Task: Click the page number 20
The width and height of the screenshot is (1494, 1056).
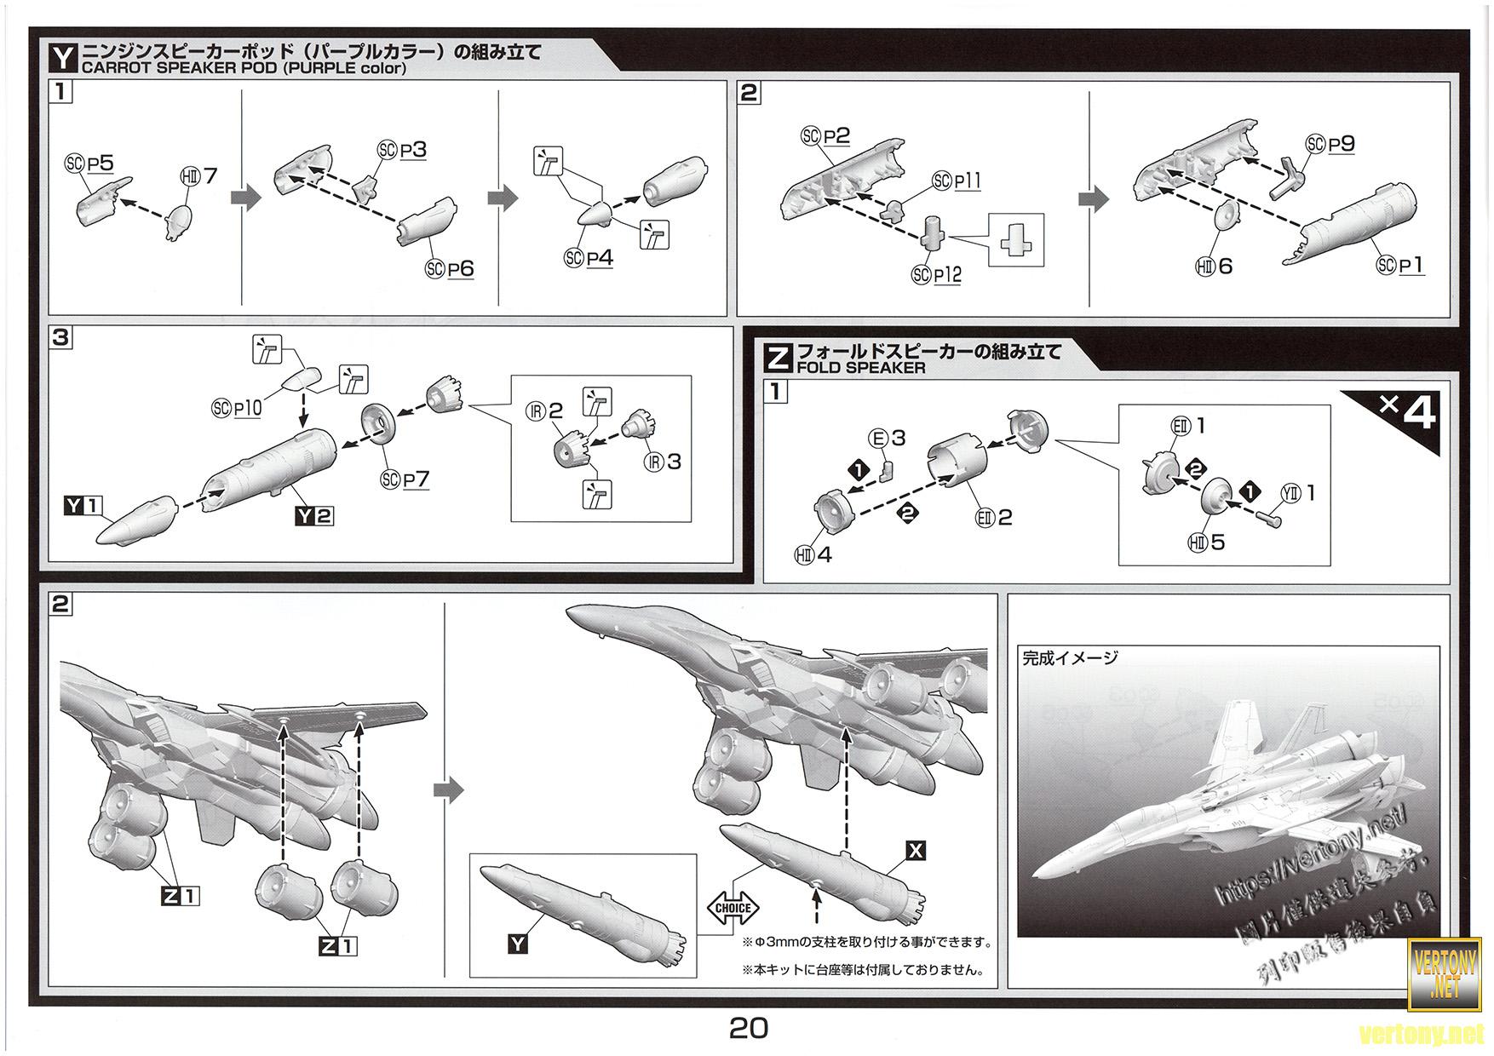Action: [748, 1028]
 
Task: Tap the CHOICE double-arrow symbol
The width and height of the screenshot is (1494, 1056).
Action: [733, 908]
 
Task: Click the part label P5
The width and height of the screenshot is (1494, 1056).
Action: [101, 163]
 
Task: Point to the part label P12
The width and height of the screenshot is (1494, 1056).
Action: [947, 275]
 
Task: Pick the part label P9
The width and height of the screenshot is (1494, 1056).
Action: [1342, 144]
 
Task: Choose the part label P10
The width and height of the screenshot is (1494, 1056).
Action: [246, 408]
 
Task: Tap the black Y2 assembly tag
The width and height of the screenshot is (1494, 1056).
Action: [314, 515]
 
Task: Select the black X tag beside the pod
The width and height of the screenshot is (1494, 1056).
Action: [916, 850]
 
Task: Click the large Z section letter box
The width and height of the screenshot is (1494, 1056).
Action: [779, 357]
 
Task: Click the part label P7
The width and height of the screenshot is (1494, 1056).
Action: [417, 479]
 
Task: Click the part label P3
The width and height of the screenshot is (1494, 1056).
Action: [413, 150]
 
